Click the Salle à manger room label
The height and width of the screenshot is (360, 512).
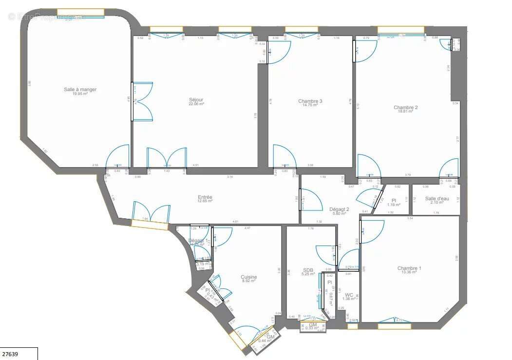pyautogui.click(x=80, y=89)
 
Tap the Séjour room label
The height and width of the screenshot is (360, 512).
pyautogui.click(x=196, y=100)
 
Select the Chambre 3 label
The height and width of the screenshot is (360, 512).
pyautogui.click(x=310, y=101)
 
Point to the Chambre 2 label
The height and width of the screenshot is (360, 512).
pyautogui.click(x=406, y=108)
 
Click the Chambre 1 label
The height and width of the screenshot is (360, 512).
pyautogui.click(x=409, y=268)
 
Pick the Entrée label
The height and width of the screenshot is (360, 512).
pyautogui.click(x=205, y=197)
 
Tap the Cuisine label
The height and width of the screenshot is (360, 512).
pyautogui.click(x=248, y=277)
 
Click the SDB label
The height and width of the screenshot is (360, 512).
pyautogui.click(x=308, y=270)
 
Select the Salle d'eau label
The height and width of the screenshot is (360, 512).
pyautogui.click(x=436, y=198)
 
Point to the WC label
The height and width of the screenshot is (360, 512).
pyautogui.click(x=349, y=295)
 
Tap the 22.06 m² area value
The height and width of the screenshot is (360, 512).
pyautogui.click(x=196, y=104)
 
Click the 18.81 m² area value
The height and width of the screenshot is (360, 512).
pyautogui.click(x=406, y=112)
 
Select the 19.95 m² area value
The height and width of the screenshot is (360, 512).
pyautogui.click(x=80, y=94)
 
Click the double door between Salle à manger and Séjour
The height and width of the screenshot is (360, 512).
pyautogui.click(x=142, y=101)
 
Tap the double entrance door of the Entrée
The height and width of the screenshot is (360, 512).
pyautogui.click(x=151, y=215)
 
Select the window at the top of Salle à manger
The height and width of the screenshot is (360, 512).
pyautogui.click(x=80, y=13)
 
